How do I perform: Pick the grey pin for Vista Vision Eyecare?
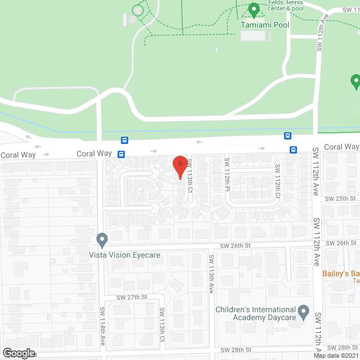(x=102, y=240)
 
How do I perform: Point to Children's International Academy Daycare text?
(x=256, y=314)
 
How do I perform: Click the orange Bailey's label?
(x=340, y=274)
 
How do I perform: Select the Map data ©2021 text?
(x=336, y=355)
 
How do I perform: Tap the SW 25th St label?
(x=345, y=199)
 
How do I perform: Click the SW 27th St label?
(x=132, y=297)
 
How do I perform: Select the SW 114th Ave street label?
(x=103, y=326)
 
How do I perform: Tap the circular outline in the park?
(x=138, y=10)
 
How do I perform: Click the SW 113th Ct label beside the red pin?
(x=190, y=176)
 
